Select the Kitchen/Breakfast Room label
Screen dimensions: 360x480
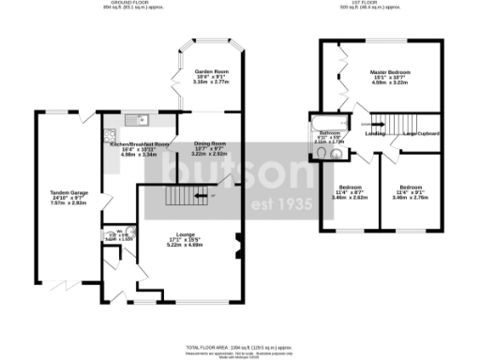pos(139,144)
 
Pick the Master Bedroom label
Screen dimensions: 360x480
pos(392,72)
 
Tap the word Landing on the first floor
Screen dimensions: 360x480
pos(374,133)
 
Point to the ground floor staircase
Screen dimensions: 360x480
pos(184,195)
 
